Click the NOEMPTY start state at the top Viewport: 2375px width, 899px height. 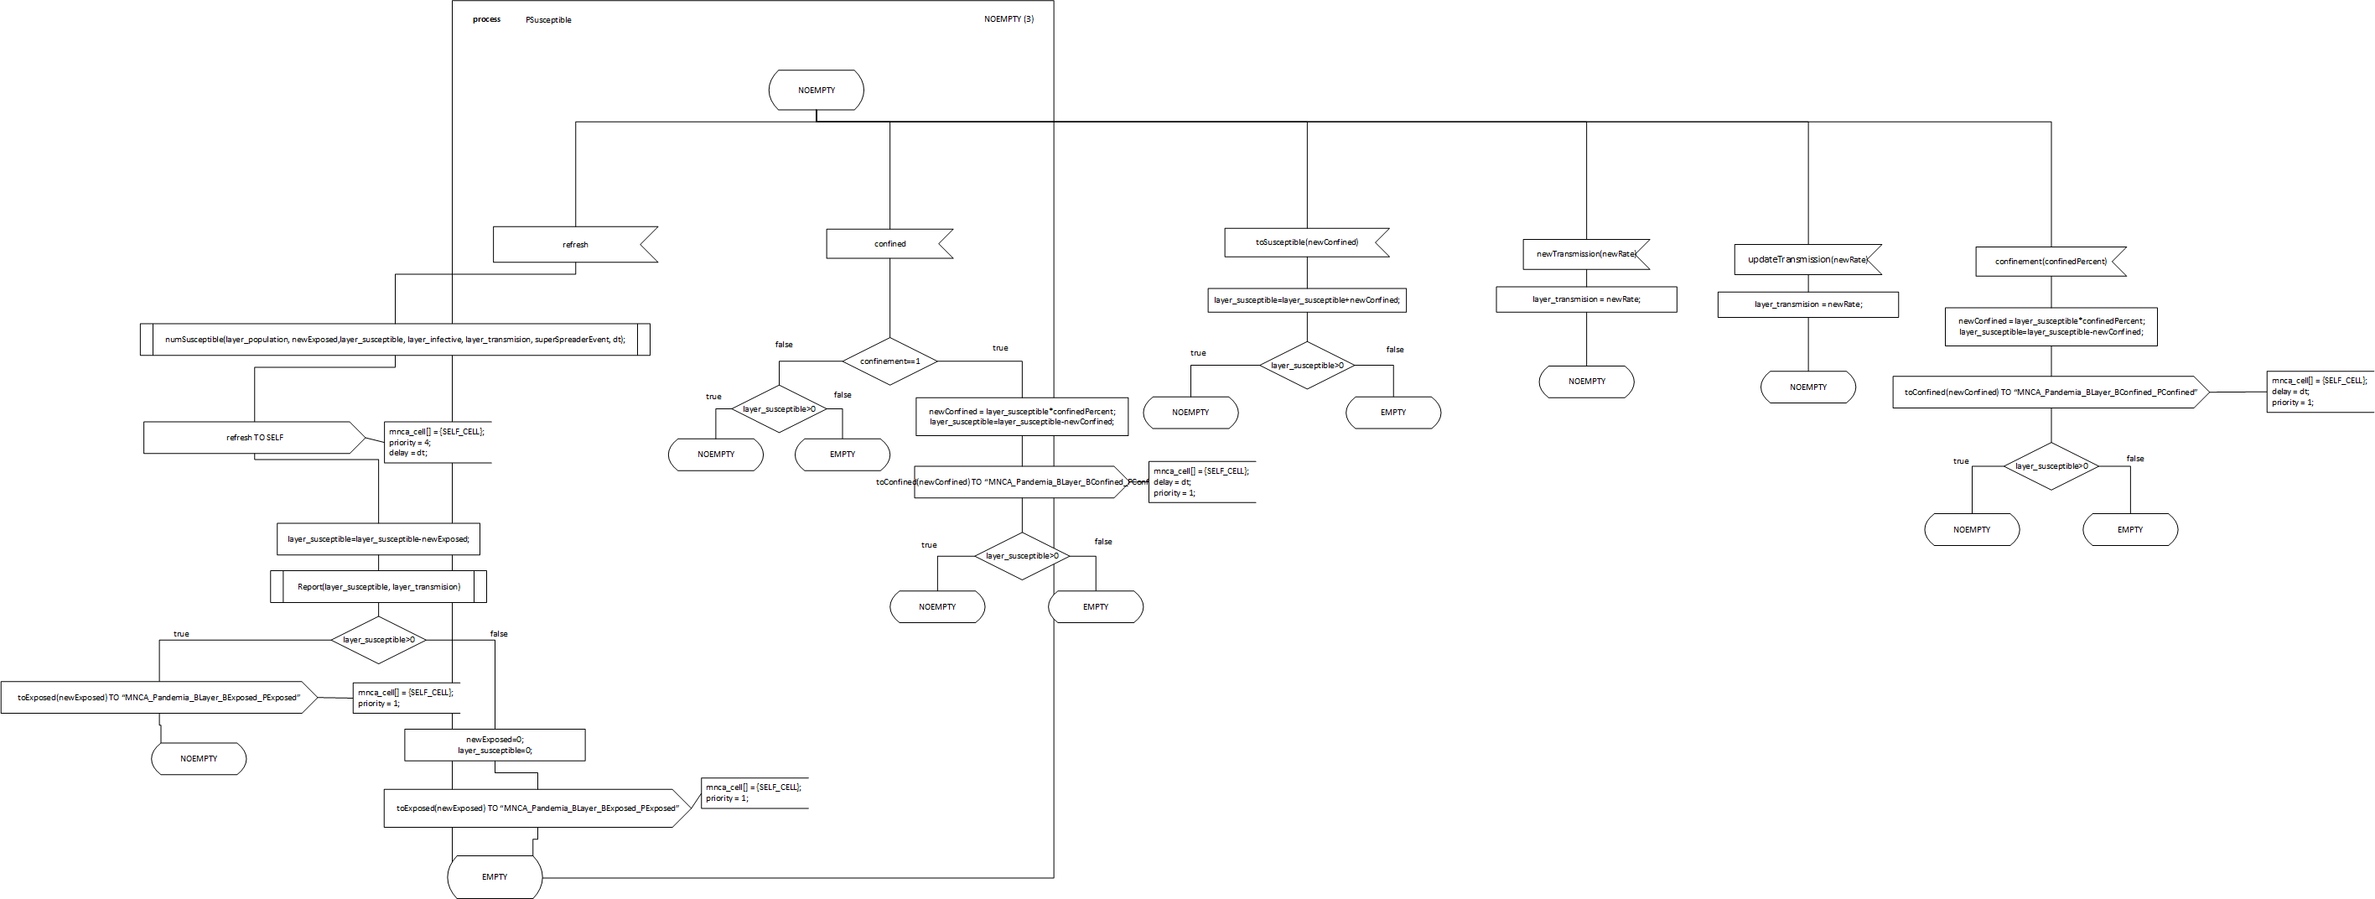tap(816, 91)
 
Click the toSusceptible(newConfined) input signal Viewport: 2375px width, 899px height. tap(1305, 242)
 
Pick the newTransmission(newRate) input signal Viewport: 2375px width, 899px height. tap(1584, 253)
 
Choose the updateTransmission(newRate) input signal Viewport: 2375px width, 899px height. tap(1806, 260)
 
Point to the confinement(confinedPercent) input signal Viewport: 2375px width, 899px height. tap(2050, 262)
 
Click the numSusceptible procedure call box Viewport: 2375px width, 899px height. tap(395, 340)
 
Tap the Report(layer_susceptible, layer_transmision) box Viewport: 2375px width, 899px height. tap(378, 586)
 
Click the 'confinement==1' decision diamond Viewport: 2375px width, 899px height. tap(889, 361)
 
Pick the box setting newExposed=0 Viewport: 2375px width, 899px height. tap(494, 745)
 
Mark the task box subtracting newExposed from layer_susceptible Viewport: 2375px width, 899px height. tap(378, 539)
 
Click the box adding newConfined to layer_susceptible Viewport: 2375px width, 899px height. tap(1306, 299)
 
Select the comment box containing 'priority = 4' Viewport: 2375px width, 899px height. tap(436, 443)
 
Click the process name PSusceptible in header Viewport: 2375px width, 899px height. tap(548, 20)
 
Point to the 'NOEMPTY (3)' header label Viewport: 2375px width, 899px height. tap(1009, 19)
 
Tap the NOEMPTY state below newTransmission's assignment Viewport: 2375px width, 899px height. tap(1586, 382)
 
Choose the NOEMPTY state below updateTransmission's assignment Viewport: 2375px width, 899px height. tap(1807, 387)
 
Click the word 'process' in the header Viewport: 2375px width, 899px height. tap(487, 19)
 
